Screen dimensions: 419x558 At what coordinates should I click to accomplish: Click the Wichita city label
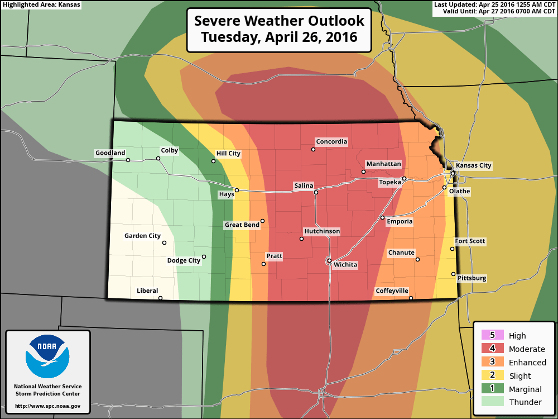point(345,265)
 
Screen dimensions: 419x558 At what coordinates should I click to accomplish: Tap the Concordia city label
point(331,142)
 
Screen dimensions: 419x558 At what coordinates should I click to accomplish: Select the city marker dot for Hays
point(237,190)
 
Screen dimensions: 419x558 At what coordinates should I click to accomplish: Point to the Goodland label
point(110,153)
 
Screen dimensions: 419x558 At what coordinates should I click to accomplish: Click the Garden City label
point(142,236)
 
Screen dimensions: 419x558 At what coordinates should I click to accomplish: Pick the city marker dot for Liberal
point(160,298)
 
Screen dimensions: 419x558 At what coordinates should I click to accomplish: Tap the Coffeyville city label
point(392,291)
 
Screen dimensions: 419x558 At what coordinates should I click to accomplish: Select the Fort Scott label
point(470,242)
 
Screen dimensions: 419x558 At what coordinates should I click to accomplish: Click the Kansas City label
point(473,165)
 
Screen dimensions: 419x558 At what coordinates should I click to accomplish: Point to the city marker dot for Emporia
point(382,217)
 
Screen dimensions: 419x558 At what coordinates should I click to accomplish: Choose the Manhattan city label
point(383,164)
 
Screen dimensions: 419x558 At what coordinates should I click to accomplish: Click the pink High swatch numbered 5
point(492,335)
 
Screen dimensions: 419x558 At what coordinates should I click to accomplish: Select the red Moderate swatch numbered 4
point(492,349)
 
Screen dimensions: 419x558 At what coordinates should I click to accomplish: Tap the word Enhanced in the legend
point(527,363)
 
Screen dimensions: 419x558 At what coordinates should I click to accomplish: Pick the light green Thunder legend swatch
point(492,402)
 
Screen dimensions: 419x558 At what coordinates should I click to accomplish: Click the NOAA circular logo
point(47,356)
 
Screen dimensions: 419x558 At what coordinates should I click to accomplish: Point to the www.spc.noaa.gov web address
point(47,406)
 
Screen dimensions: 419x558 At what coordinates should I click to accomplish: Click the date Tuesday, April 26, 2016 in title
point(279,38)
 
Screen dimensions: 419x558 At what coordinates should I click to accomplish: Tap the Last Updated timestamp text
point(494,4)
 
